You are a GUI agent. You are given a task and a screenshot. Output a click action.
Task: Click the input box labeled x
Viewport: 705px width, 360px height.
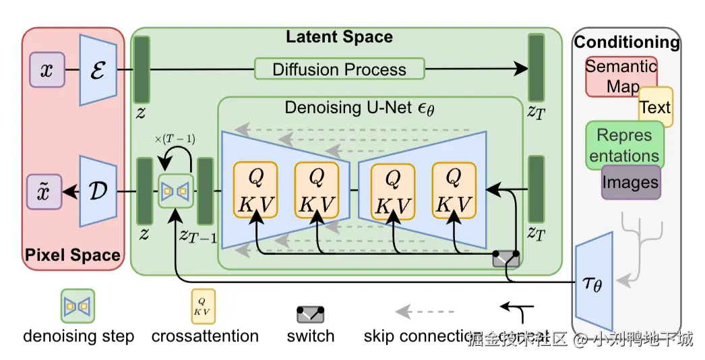47,70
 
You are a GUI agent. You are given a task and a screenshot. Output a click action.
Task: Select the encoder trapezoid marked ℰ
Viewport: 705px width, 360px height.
98,69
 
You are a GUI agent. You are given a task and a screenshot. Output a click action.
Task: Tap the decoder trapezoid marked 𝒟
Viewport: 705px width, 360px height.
98,191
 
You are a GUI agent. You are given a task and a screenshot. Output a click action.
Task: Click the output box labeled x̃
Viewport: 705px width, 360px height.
46,191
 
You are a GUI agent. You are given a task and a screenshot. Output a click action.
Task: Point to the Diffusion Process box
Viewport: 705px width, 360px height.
339,69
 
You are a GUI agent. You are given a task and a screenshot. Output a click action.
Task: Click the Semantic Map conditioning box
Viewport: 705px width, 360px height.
619,76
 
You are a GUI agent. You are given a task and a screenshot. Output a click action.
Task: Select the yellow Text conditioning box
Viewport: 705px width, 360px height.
655,107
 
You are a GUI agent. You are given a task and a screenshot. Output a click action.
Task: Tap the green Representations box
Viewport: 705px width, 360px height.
624,145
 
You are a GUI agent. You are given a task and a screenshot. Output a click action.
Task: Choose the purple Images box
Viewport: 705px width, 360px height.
631,182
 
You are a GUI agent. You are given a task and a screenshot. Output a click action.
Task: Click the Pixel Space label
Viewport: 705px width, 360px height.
73,255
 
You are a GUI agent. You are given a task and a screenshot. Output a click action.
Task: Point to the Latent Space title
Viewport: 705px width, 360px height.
339,36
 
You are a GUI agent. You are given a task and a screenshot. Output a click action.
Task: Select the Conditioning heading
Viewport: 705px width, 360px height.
626,42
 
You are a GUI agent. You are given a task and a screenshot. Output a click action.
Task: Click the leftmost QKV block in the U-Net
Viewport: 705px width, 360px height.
256,190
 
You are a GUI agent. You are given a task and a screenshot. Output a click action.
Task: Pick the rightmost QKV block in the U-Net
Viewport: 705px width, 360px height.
454,190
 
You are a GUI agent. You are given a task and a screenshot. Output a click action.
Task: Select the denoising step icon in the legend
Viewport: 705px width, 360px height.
78,306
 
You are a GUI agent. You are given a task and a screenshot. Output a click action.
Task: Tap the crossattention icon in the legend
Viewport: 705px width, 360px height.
204,307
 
